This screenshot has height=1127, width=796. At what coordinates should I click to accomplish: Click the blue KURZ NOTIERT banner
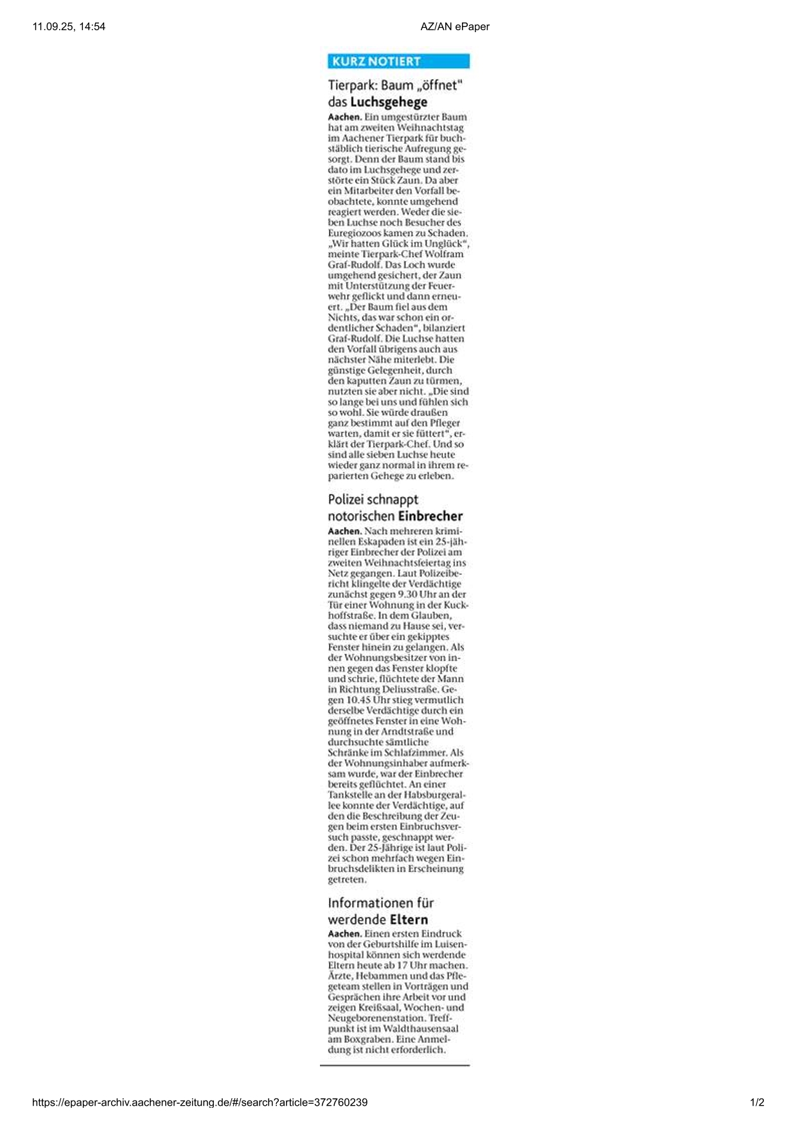click(x=398, y=62)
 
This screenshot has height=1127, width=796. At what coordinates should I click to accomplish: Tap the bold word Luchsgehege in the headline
click(x=389, y=102)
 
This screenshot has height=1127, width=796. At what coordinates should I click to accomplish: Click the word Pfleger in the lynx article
click(x=443, y=423)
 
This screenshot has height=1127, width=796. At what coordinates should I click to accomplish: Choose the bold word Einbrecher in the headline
click(x=430, y=516)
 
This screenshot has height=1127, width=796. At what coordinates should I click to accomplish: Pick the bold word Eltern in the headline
click(x=409, y=920)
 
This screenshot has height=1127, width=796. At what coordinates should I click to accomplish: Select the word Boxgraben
click(x=365, y=1039)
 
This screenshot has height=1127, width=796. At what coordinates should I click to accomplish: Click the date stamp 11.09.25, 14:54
click(x=69, y=26)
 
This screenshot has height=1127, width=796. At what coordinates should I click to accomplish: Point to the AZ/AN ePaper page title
click(x=455, y=26)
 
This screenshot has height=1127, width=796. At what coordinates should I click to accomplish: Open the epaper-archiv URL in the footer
click(x=200, y=1103)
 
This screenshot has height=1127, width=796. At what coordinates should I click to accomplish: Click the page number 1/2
click(x=757, y=1103)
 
